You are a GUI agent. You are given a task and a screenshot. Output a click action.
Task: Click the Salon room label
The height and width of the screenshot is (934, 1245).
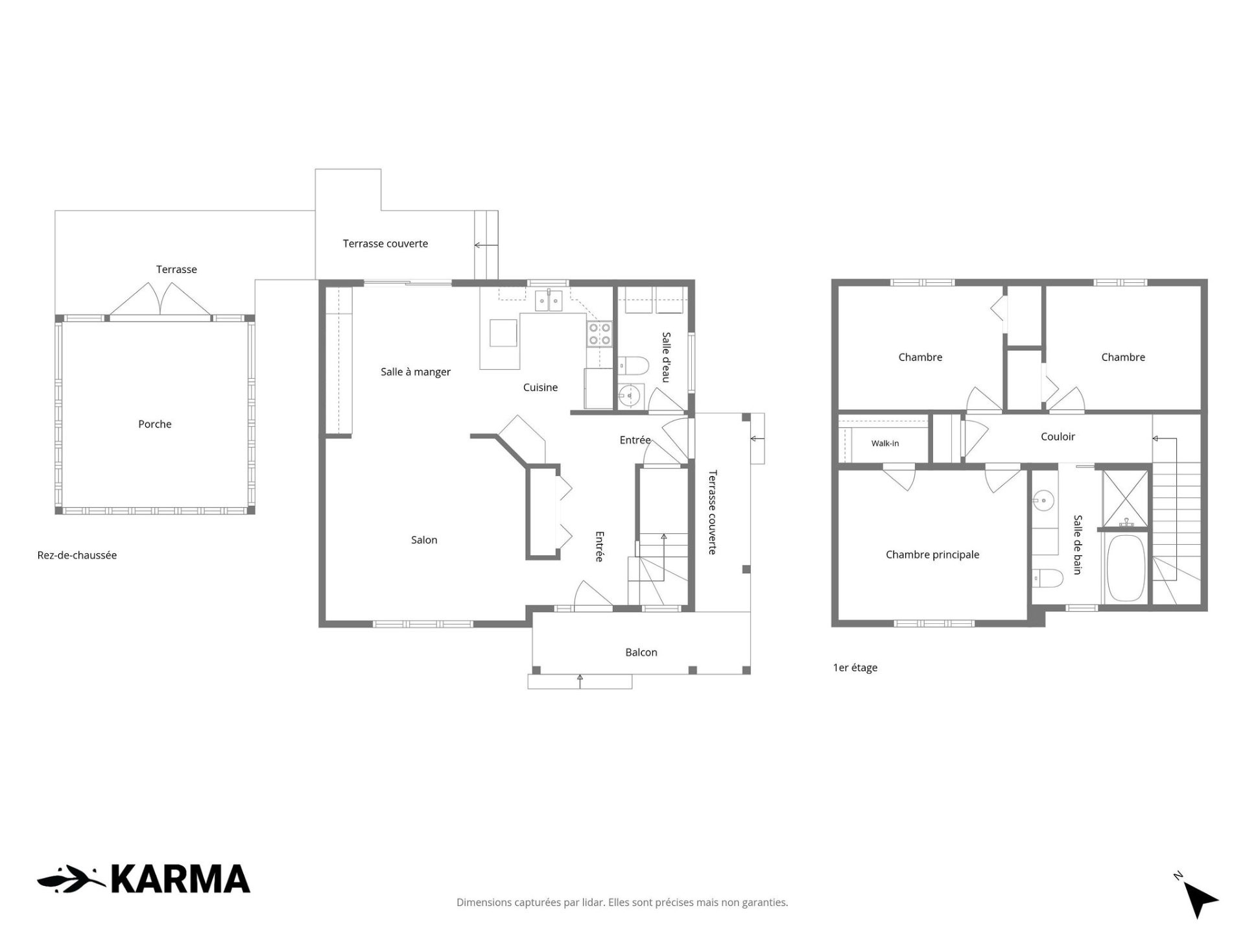424,540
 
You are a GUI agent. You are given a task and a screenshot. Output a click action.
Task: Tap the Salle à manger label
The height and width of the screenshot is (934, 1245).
416,372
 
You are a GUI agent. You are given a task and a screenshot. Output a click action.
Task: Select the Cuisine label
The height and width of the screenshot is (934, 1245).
540,387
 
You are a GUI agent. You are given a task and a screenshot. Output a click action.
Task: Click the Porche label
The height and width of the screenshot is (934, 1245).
155,424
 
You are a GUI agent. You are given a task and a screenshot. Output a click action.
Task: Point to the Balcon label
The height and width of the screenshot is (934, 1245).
641,653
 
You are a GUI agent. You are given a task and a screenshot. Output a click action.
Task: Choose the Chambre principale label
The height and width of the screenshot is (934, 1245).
932,555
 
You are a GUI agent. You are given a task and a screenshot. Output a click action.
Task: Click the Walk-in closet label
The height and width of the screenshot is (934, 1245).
885,444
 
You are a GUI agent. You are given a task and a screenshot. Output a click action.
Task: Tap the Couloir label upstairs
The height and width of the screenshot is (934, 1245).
1058,437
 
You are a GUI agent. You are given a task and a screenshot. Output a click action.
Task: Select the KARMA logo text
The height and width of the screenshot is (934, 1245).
180,880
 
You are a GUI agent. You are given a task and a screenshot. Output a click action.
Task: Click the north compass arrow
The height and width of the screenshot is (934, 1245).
1200,899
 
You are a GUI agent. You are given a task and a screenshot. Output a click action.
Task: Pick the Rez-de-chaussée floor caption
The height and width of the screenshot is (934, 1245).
77,555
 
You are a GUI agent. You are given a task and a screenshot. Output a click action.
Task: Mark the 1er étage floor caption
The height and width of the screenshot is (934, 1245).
855,667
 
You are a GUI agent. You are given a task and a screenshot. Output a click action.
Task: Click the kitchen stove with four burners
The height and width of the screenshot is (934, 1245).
600,334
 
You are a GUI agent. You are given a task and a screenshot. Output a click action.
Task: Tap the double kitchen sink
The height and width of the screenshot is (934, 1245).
549,301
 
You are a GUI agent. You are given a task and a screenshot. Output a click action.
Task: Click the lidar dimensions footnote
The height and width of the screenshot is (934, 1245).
622,902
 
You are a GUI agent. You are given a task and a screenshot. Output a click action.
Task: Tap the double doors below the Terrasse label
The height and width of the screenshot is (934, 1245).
160,300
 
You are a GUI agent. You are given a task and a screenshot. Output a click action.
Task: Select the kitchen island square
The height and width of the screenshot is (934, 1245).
504,333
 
